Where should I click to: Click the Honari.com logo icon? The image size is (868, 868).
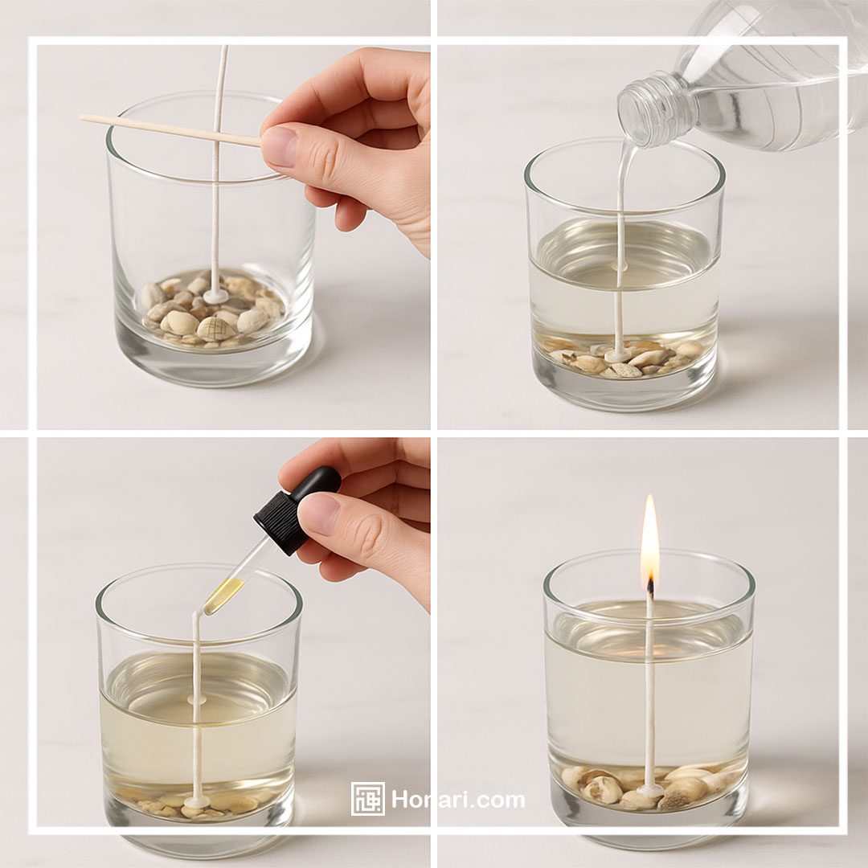pyautogui.click(x=367, y=799)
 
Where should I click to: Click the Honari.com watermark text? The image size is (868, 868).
pyautogui.click(x=458, y=800)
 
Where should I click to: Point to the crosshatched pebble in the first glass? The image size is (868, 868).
pyautogui.click(x=216, y=328)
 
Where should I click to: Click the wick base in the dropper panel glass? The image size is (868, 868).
pyautogui.click(x=197, y=801)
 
